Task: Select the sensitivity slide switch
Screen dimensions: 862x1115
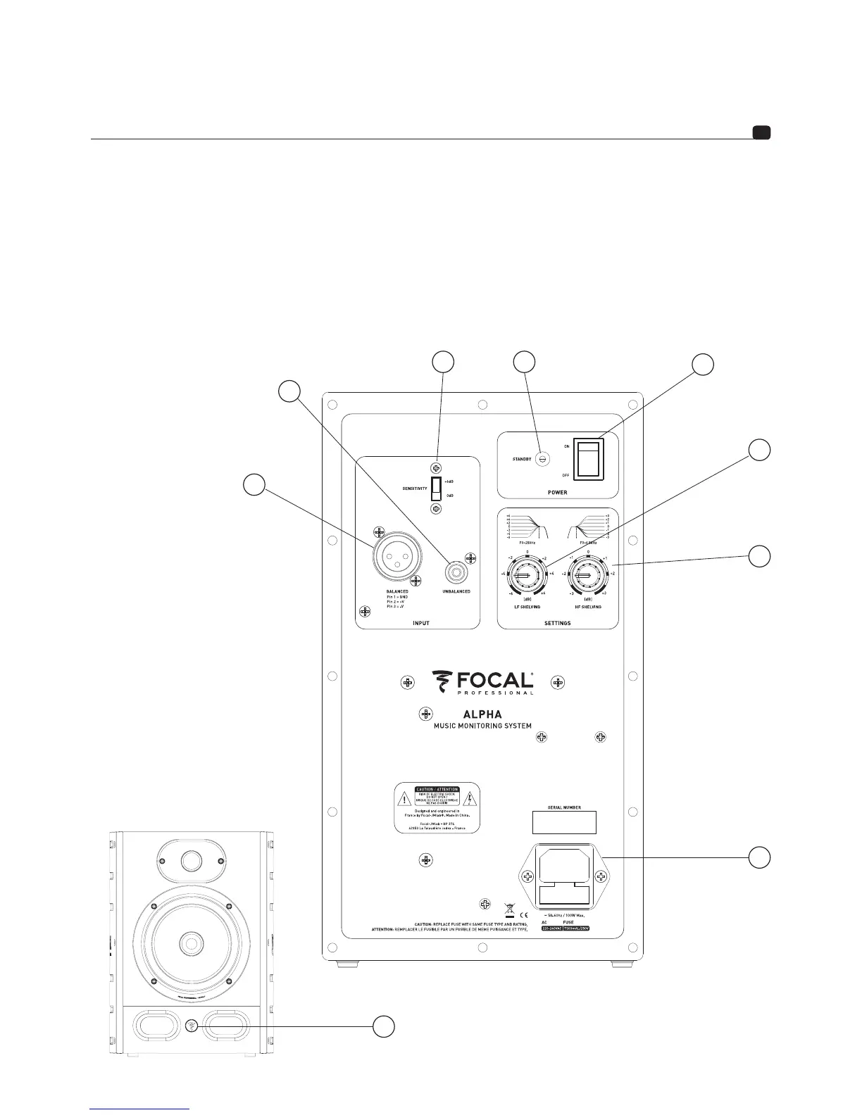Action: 437,487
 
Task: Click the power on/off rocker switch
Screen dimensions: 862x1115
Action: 589,460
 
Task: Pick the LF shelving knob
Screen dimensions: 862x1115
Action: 523,577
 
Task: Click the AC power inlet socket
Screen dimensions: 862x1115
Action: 563,876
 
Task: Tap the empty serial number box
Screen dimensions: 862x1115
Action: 563,822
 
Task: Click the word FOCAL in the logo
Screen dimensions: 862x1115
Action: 493,680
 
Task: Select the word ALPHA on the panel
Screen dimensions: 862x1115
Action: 482,714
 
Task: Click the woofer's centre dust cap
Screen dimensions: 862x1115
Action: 190,942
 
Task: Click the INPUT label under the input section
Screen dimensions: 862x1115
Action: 420,623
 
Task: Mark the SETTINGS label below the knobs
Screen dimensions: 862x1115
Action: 558,623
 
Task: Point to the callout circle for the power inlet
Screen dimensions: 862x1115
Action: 758,857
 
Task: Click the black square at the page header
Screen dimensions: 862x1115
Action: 761,132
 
